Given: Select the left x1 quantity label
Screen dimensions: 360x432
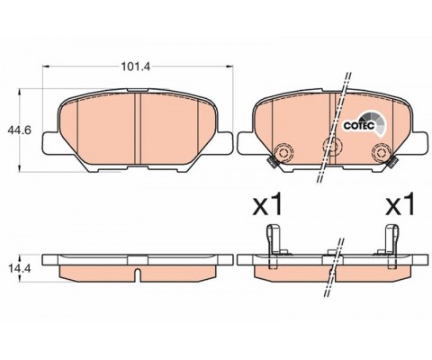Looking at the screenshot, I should click(267, 206).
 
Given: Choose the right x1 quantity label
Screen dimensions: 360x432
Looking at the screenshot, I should click(398, 206).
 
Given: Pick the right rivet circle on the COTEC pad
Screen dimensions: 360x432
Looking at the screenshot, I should click(373, 153).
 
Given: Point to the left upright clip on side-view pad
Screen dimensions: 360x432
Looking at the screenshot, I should click(272, 245).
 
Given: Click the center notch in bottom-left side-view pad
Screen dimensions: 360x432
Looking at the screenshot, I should click(136, 271).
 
